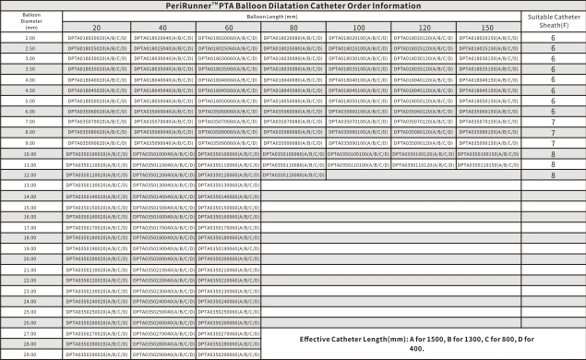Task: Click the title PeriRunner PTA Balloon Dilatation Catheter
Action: click(x=293, y=5)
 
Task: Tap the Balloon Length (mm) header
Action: click(x=293, y=16)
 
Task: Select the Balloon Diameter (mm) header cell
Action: click(x=30, y=21)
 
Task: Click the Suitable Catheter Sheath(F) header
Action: click(x=553, y=21)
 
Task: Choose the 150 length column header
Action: click(x=492, y=28)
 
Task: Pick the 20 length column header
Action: click(x=96, y=28)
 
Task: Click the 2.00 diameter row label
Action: click(x=30, y=37)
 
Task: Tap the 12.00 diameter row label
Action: click(x=30, y=174)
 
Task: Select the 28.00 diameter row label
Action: click(x=30, y=343)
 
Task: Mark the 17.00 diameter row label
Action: click(x=30, y=227)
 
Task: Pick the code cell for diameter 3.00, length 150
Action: click(x=492, y=58)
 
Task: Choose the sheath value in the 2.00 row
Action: click(x=553, y=37)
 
